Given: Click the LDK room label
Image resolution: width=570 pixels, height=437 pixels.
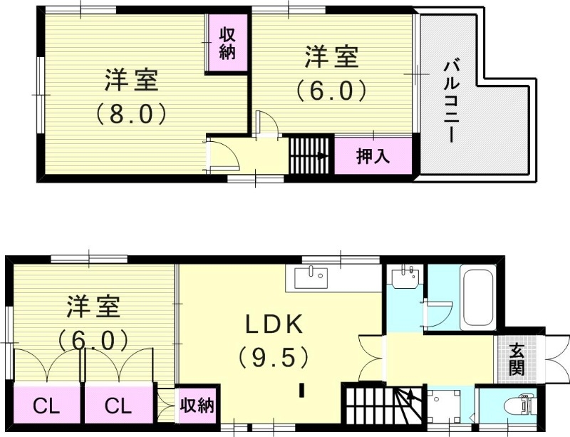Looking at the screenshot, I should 275,325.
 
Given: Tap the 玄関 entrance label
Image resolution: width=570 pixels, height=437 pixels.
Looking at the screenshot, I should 517,359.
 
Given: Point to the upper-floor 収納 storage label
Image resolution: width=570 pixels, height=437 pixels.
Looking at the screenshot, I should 227,43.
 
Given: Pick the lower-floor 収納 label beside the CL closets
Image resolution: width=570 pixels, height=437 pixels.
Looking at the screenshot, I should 196,406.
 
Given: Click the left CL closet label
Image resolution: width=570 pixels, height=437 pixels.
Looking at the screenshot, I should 47,407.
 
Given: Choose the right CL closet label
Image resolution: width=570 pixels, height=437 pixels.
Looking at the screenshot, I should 118,407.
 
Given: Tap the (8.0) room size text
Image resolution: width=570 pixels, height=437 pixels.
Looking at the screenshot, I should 131,113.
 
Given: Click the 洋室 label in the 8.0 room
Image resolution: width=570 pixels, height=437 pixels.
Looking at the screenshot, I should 131,81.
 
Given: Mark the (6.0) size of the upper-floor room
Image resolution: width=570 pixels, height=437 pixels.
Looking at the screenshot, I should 331,90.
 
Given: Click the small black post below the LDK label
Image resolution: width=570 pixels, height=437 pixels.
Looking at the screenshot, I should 302,390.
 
